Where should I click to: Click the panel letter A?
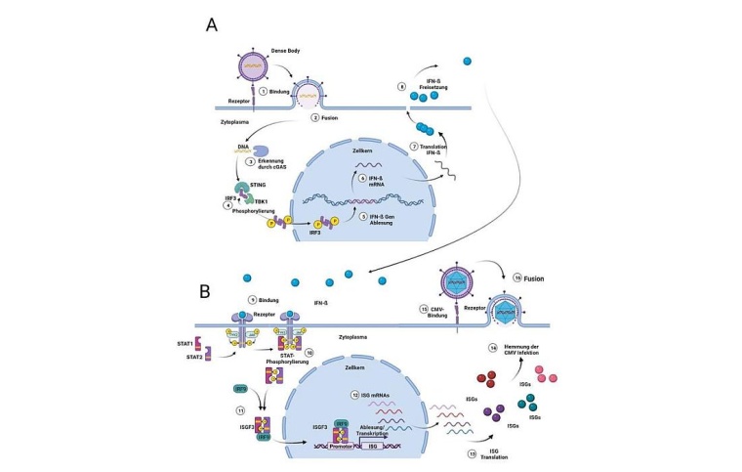(212, 23)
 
